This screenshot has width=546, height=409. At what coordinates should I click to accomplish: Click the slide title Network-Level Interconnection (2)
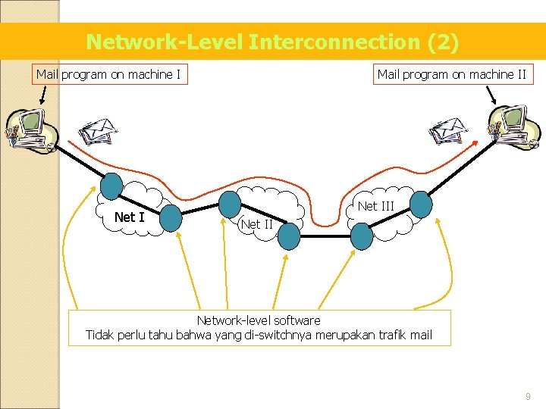(x=272, y=42)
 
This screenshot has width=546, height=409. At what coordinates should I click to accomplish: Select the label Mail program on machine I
(x=108, y=74)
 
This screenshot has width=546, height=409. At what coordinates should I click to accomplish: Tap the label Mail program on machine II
(x=452, y=74)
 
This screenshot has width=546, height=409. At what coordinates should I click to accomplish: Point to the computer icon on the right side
(x=513, y=126)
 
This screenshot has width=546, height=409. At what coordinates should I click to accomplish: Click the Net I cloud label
(x=129, y=217)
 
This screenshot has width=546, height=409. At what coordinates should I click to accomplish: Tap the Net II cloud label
(x=256, y=223)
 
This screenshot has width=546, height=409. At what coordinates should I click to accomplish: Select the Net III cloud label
(x=375, y=205)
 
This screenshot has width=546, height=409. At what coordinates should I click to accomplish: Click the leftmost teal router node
(x=111, y=185)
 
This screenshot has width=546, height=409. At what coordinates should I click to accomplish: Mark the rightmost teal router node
(x=421, y=204)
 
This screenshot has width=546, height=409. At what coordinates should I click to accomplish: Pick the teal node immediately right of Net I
(x=171, y=217)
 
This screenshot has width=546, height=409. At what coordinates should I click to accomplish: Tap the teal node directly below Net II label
(x=288, y=237)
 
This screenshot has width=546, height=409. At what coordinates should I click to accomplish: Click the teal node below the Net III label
(x=362, y=236)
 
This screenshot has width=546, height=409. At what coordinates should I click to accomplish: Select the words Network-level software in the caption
(x=259, y=320)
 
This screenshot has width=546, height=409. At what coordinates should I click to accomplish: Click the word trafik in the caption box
(x=387, y=335)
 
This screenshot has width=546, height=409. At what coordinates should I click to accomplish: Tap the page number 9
(x=528, y=396)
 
